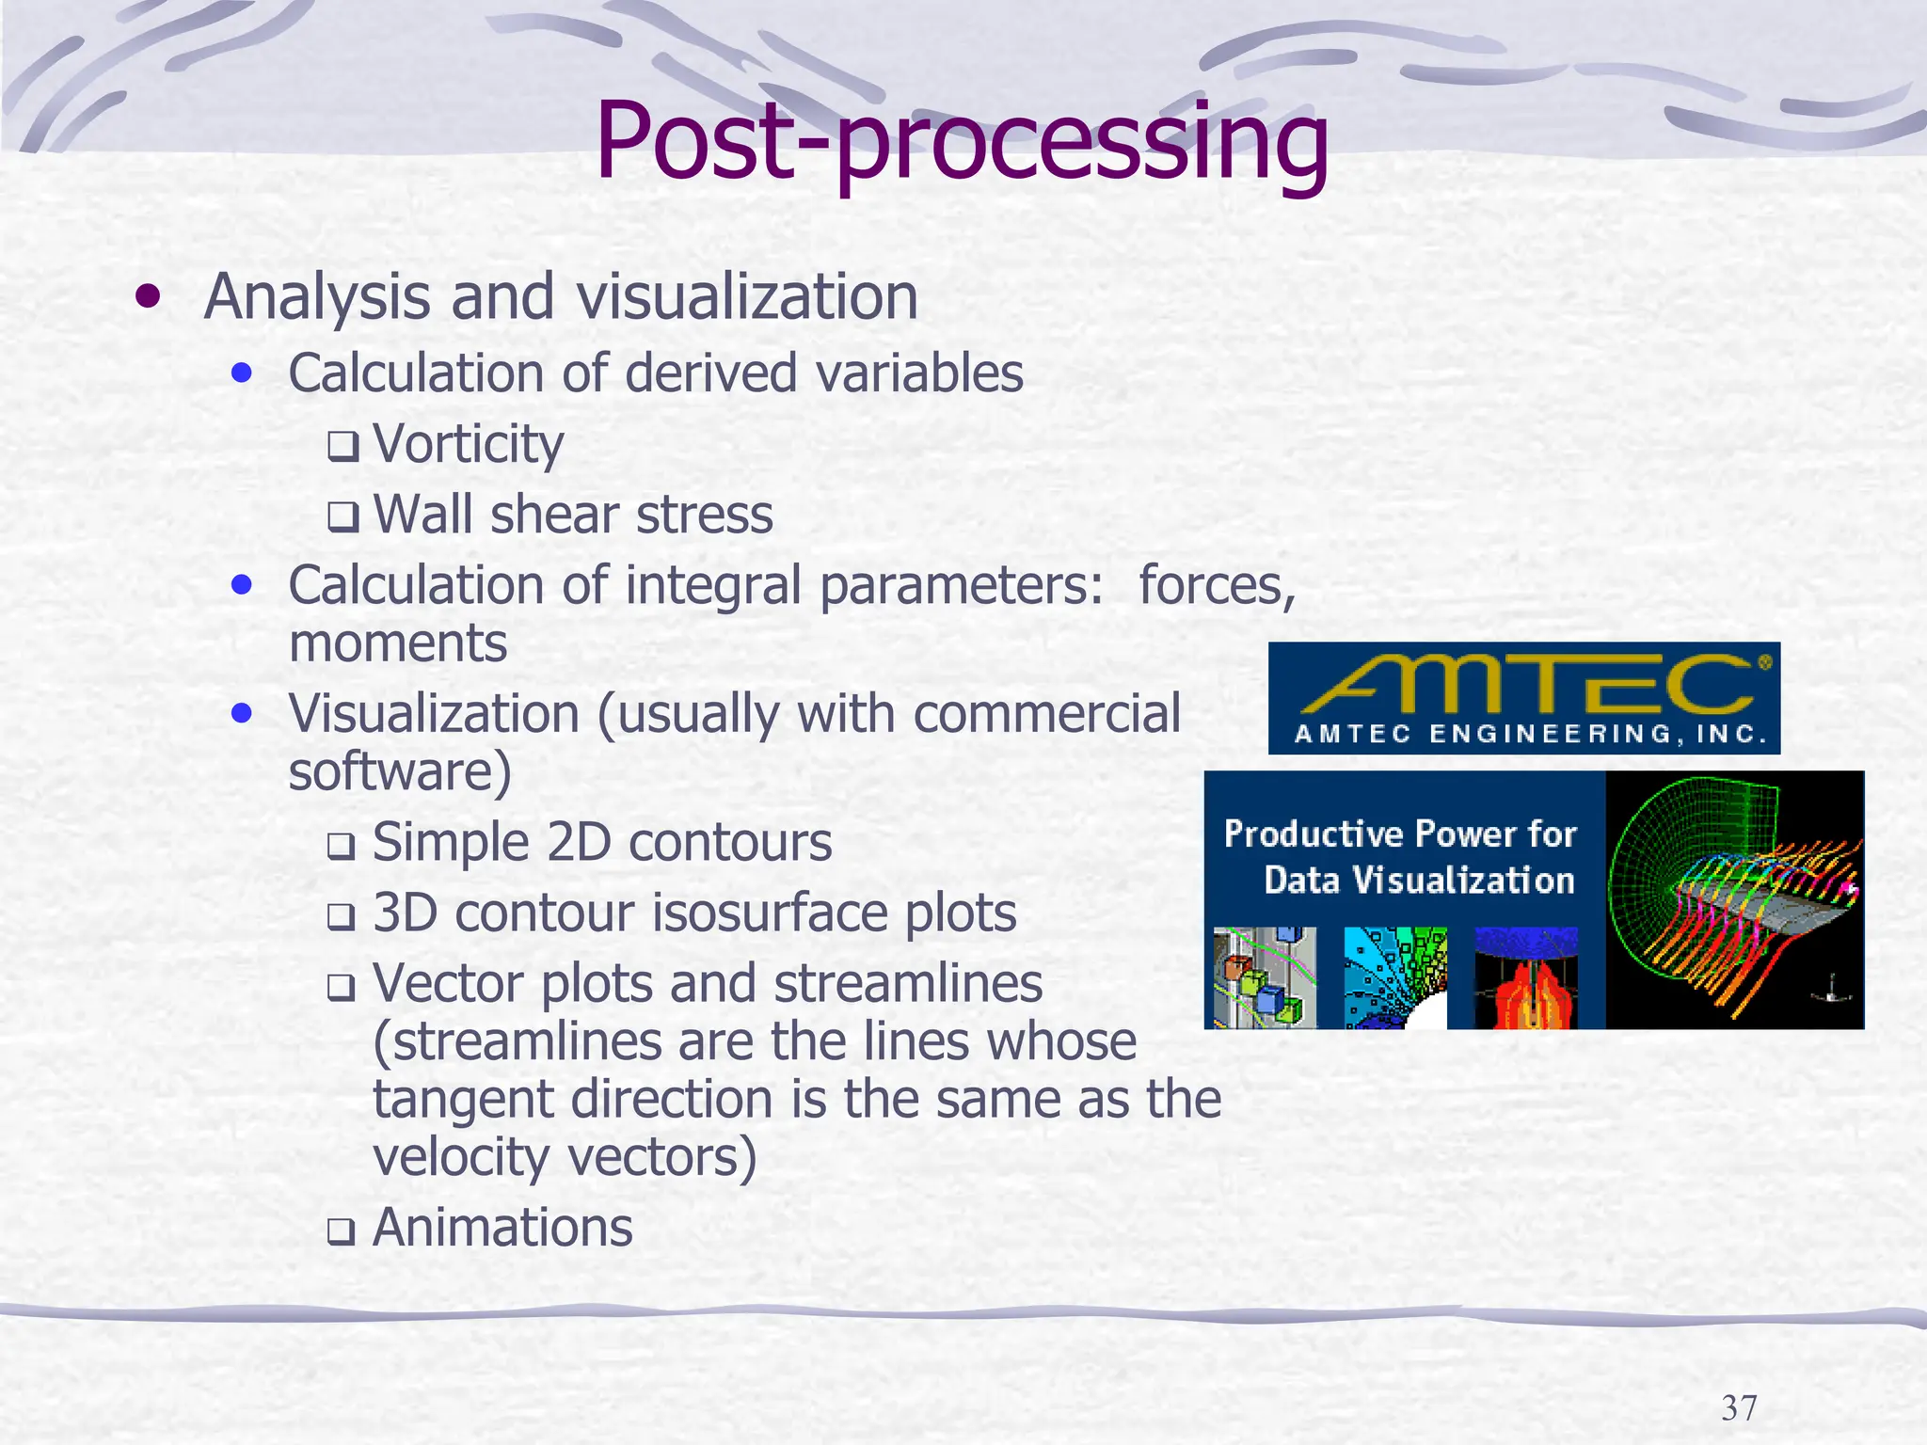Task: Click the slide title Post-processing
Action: [x=962, y=141]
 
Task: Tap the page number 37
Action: [x=1739, y=1408]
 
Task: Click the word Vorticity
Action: [x=468, y=444]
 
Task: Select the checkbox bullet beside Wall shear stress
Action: [x=342, y=517]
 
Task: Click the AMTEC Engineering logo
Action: [x=1523, y=698]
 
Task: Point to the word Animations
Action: [x=502, y=1228]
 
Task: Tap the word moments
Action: [x=398, y=643]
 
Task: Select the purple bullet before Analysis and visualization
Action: [x=147, y=298]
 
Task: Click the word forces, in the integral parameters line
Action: [x=1217, y=585]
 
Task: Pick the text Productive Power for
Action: [x=1399, y=834]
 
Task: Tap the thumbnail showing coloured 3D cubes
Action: [x=1265, y=978]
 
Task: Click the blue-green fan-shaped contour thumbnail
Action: [x=1394, y=978]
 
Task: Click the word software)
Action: [x=400, y=771]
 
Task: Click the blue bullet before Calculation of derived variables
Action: [x=242, y=373]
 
